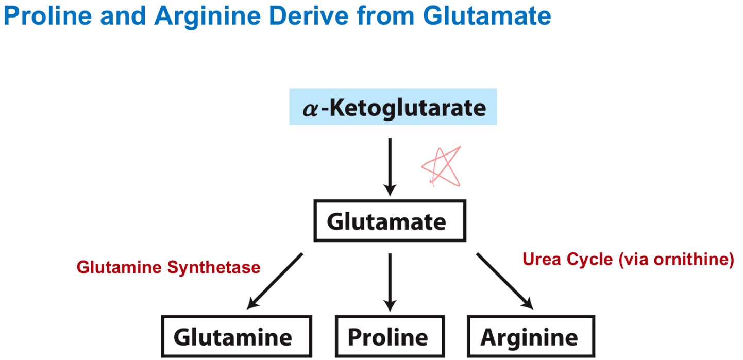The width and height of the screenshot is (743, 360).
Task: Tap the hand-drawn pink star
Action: point(442,166)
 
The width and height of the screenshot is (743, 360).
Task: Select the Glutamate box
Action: point(390,221)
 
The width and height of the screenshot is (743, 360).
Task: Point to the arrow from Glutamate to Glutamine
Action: point(275,281)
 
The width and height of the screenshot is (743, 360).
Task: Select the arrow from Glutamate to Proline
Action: point(390,281)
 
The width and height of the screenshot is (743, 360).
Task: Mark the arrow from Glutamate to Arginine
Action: point(504,281)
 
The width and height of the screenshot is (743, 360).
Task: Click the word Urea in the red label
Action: point(541,259)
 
